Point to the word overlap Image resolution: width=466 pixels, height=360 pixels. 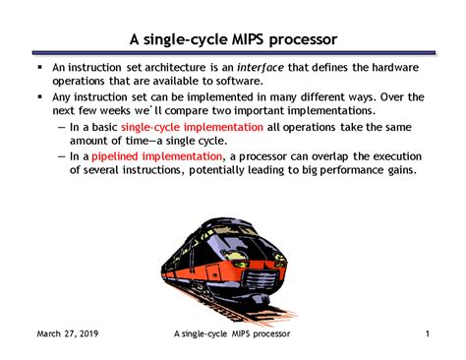click(345, 155)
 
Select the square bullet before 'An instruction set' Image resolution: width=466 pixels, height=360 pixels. click(38, 67)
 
